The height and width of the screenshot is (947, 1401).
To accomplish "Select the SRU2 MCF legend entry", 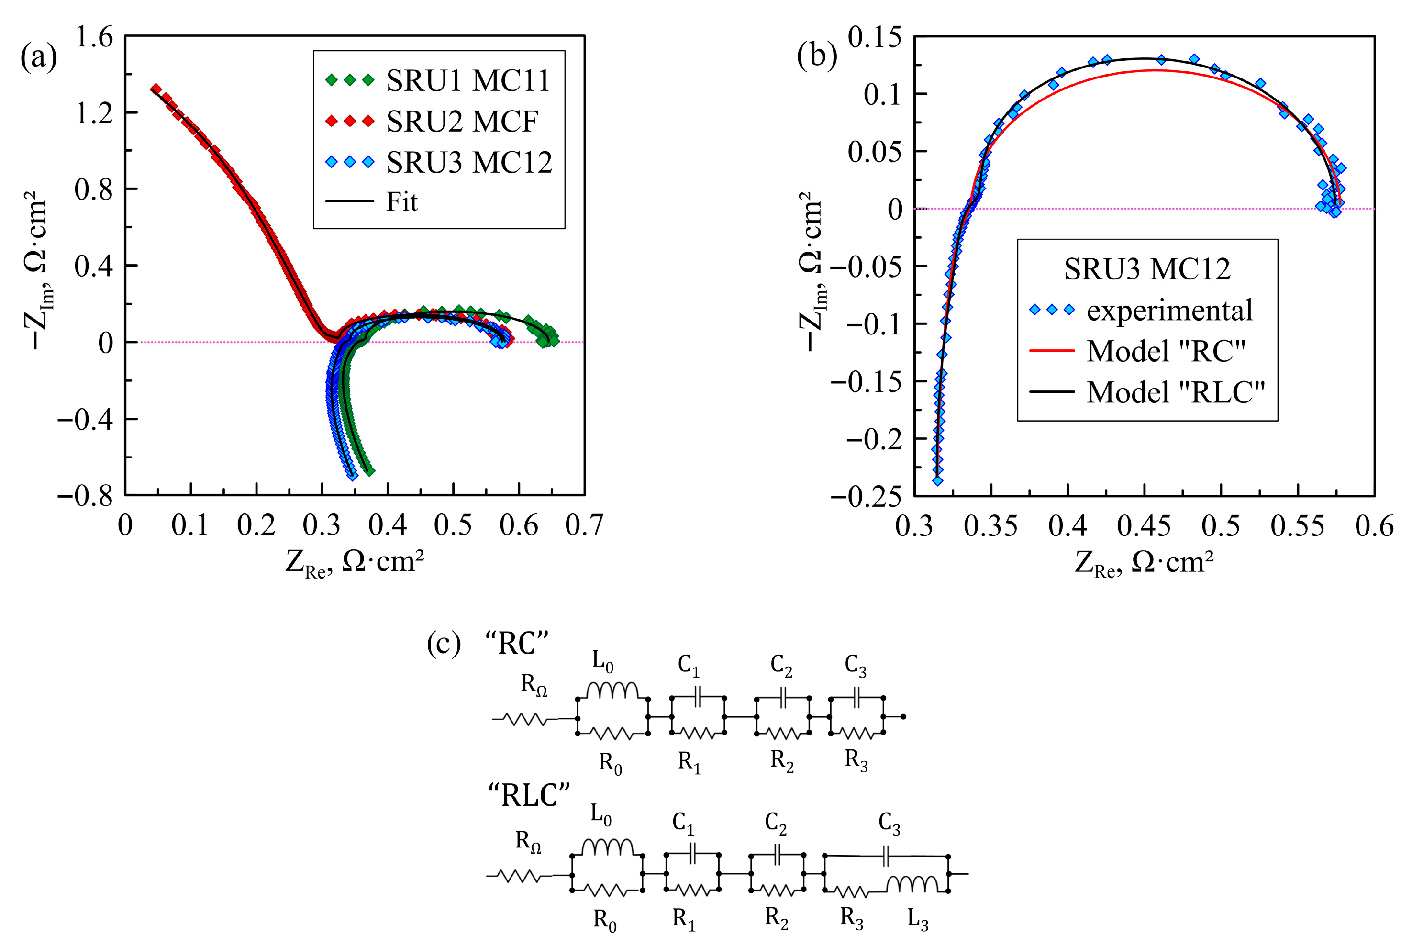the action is point(432,121).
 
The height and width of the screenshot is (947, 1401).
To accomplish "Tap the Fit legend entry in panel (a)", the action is point(371,201).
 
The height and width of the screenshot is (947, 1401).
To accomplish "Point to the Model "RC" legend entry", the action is point(1137,350).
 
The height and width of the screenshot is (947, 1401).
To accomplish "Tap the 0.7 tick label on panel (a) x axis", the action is point(584,525).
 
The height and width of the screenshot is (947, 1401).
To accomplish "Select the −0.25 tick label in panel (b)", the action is point(866,496).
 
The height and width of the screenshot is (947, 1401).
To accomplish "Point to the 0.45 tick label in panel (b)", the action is point(1144,525).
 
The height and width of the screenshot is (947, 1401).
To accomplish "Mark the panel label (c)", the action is point(444,643).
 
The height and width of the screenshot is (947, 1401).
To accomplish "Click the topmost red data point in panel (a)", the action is point(156,89).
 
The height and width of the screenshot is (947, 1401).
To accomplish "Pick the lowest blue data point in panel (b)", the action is point(937,480).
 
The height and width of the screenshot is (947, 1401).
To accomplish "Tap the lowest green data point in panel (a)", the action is point(369,471).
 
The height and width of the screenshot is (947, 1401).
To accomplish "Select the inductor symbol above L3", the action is point(912,884).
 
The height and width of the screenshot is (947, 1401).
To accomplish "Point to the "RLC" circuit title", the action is point(529,795).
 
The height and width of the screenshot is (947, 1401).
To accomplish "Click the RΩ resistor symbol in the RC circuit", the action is point(526,719).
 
